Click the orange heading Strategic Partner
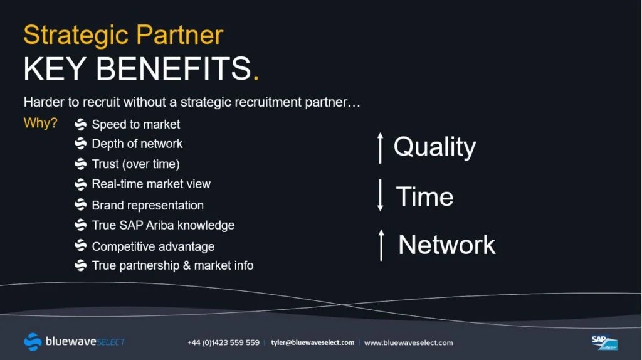pyautogui.click(x=124, y=36)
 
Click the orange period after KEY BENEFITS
pyautogui.click(x=256, y=77)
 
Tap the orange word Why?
pyautogui.click(x=41, y=123)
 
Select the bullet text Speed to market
pyautogui.click(x=135, y=125)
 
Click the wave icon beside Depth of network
pyautogui.click(x=81, y=144)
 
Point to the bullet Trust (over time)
pyautogui.click(x=135, y=164)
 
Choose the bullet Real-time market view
pyautogui.click(x=151, y=184)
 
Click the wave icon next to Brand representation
pyautogui.click(x=81, y=204)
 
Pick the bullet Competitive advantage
pyautogui.click(x=153, y=246)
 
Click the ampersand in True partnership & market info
pyautogui.click(x=187, y=265)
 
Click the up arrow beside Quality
pyautogui.click(x=381, y=148)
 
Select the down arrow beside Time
pyautogui.click(x=381, y=195)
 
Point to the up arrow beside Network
pyautogui.click(x=381, y=245)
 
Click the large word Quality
pyautogui.click(x=435, y=147)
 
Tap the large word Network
pyautogui.click(x=446, y=245)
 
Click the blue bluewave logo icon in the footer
pyautogui.click(x=33, y=342)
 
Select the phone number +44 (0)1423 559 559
pyautogui.click(x=224, y=342)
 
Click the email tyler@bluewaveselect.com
pyautogui.click(x=312, y=342)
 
